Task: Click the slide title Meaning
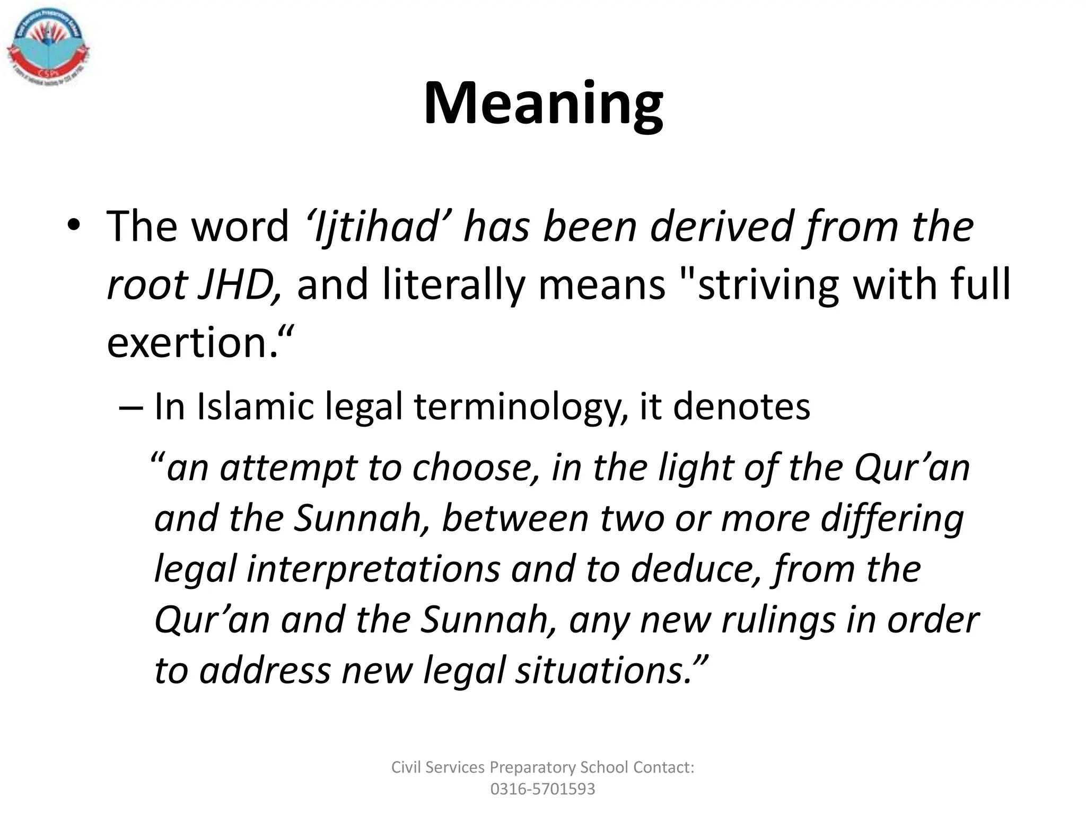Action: click(543, 103)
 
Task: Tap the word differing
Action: click(892, 519)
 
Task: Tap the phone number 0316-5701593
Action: click(542, 789)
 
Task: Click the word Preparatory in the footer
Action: click(533, 768)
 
